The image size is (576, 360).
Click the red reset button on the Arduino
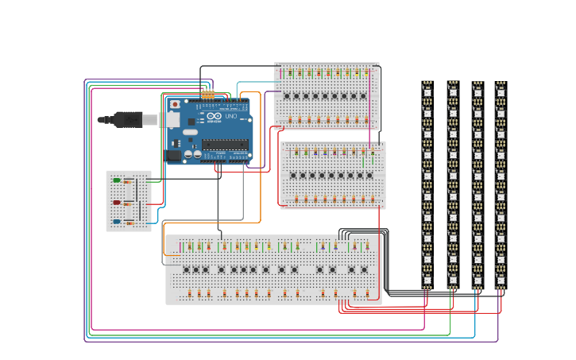[175, 104]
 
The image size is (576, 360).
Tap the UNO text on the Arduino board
[231, 117]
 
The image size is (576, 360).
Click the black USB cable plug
[127, 119]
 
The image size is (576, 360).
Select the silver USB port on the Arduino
[170, 119]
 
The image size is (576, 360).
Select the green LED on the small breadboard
[117, 180]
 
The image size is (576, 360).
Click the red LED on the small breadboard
[117, 203]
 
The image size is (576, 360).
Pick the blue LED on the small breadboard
[117, 222]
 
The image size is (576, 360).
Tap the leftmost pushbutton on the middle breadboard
[293, 176]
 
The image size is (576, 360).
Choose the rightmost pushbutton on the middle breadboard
[369, 176]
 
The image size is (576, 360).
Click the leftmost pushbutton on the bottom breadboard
[187, 269]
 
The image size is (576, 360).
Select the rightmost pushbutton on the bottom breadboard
[365, 269]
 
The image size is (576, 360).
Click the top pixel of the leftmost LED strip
[427, 92]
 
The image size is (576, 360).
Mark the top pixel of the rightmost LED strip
[501, 92]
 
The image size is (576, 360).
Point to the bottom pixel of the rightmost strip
[501, 279]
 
